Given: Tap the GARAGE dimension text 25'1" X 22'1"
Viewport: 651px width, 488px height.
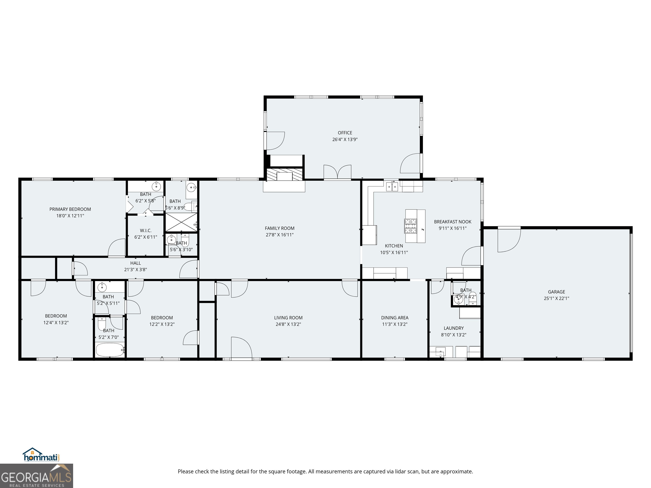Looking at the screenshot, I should click(x=556, y=298).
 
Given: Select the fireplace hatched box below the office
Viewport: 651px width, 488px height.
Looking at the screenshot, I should click(x=284, y=174).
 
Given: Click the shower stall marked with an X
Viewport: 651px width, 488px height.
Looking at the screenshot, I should click(x=181, y=222).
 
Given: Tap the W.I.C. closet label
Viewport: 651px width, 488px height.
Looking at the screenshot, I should click(x=146, y=231).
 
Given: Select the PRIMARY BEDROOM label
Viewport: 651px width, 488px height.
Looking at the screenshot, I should click(x=70, y=209).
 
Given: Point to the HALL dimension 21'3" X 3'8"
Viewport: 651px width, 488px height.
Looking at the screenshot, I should click(x=135, y=269).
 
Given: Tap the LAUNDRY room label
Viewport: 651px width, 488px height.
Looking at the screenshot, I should click(x=453, y=328).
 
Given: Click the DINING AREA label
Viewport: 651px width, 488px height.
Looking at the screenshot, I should click(x=394, y=318).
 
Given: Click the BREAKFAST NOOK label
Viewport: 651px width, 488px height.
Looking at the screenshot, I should click(x=452, y=222).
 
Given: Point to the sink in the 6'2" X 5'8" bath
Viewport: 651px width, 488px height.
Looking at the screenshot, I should click(x=156, y=186).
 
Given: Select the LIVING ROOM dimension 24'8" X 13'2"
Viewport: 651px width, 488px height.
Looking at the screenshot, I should click(x=288, y=324).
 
